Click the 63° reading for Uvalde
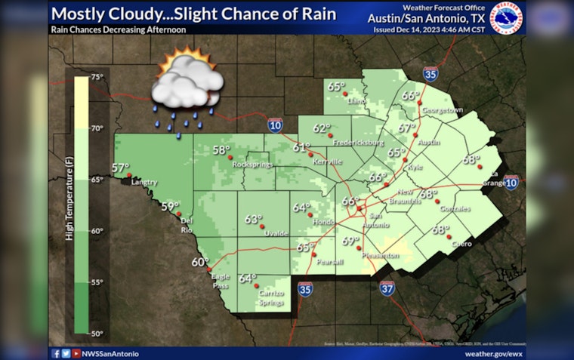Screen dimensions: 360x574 click(252, 219)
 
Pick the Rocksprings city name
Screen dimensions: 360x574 click(252, 165)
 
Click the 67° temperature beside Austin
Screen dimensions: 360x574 click(407, 128)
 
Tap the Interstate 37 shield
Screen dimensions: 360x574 click(386, 288)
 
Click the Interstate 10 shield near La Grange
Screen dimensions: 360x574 click(511, 183)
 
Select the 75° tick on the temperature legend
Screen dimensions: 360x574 click(97, 77)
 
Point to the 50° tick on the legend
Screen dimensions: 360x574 click(97, 332)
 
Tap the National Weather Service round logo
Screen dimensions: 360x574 click(507, 18)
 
